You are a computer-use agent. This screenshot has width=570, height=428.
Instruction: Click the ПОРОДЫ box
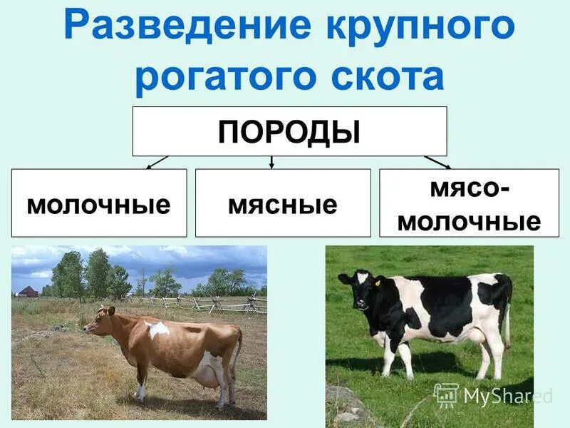[289, 131]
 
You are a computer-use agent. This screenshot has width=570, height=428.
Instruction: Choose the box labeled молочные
[99, 203]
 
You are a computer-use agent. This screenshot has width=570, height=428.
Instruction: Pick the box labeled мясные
[283, 203]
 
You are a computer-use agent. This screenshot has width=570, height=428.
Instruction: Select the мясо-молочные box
[469, 203]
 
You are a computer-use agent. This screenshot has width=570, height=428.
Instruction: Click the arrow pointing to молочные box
[156, 163]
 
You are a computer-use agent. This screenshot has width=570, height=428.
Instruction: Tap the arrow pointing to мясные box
[271, 163]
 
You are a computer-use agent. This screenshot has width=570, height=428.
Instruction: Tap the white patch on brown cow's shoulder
[157, 329]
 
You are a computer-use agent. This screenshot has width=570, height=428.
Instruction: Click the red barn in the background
[28, 291]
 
